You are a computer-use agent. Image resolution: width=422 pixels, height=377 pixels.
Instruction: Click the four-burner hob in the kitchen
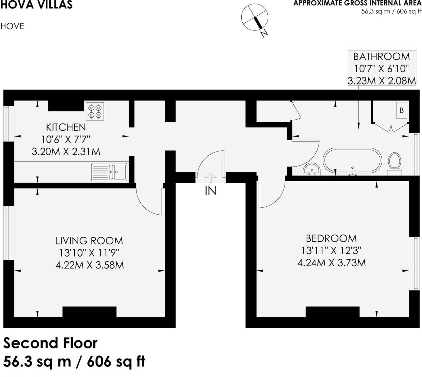95,111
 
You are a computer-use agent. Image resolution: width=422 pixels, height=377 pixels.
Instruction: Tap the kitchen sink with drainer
109,172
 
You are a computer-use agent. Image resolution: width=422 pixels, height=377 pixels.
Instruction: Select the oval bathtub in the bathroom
352,161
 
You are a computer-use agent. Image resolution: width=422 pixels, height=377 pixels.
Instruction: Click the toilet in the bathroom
395,162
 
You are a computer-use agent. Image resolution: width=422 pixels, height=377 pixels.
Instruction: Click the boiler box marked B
401,110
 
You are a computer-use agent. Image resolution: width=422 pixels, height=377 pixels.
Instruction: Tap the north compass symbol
255,18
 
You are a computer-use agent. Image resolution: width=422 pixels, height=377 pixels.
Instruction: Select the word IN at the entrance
210,191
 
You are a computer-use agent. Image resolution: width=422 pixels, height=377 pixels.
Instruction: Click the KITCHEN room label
66,127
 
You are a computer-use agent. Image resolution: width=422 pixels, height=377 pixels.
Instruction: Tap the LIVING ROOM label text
90,241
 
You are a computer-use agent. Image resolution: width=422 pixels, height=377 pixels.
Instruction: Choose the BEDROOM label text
331,238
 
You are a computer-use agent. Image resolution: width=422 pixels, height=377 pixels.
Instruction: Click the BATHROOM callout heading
381,57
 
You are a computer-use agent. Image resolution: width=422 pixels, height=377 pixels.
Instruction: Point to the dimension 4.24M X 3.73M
331,263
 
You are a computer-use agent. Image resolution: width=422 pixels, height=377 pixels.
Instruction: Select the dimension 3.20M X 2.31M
66,152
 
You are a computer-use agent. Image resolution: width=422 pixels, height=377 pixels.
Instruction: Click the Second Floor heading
51,343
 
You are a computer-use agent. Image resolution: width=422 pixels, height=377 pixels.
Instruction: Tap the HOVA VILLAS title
36,5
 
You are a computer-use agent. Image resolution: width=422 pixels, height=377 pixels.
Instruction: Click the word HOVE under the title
13,27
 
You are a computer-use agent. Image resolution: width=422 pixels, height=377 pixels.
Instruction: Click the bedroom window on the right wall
416,263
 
